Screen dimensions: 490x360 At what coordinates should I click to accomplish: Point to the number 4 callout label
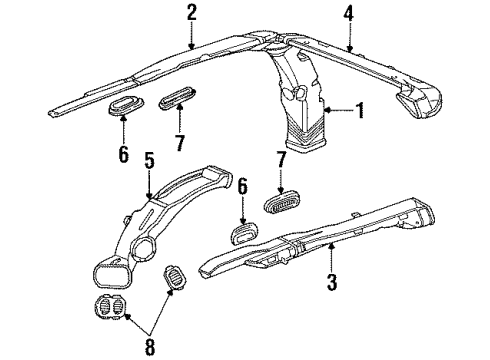point(348,14)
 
